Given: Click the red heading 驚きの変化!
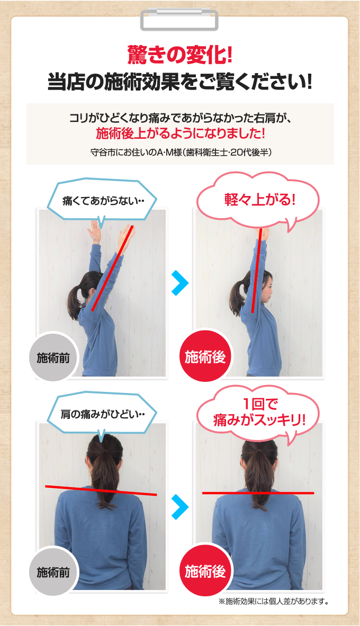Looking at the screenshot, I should point(179,54).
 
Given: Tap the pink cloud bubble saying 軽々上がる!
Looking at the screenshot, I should point(258,201).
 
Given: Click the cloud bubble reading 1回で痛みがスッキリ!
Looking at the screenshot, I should point(258,413).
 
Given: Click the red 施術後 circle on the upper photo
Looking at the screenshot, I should point(205,357).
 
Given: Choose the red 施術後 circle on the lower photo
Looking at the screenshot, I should point(205,571).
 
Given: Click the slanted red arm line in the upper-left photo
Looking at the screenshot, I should point(112,267).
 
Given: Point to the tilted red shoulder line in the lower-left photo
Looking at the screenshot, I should point(101,490).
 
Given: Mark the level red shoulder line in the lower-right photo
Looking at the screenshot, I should point(258,493).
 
